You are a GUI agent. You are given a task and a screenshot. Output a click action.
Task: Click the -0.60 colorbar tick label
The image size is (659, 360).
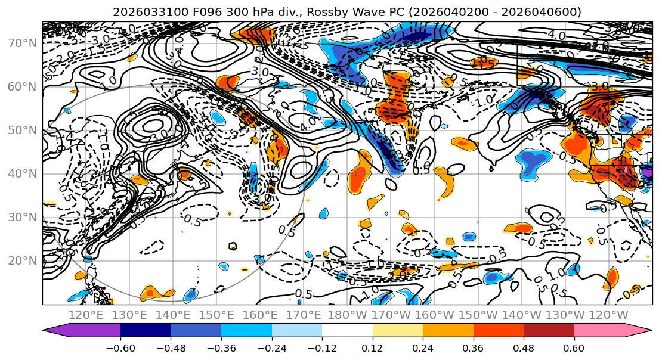tap(120, 347)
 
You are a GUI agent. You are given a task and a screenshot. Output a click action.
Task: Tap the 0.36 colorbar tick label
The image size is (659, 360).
tap(473, 347)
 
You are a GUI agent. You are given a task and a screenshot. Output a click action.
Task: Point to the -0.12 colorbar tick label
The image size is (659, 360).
tap(322, 347)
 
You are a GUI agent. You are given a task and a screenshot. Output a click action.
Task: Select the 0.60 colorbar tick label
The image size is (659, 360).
tap(574, 347)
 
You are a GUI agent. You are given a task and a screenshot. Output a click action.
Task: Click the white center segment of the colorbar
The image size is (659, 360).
tap(347, 331)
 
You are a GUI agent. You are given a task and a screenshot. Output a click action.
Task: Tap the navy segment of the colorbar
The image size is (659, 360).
tap(146, 331)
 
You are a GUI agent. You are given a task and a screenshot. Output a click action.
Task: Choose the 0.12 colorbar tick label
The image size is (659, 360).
tap(372, 347)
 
